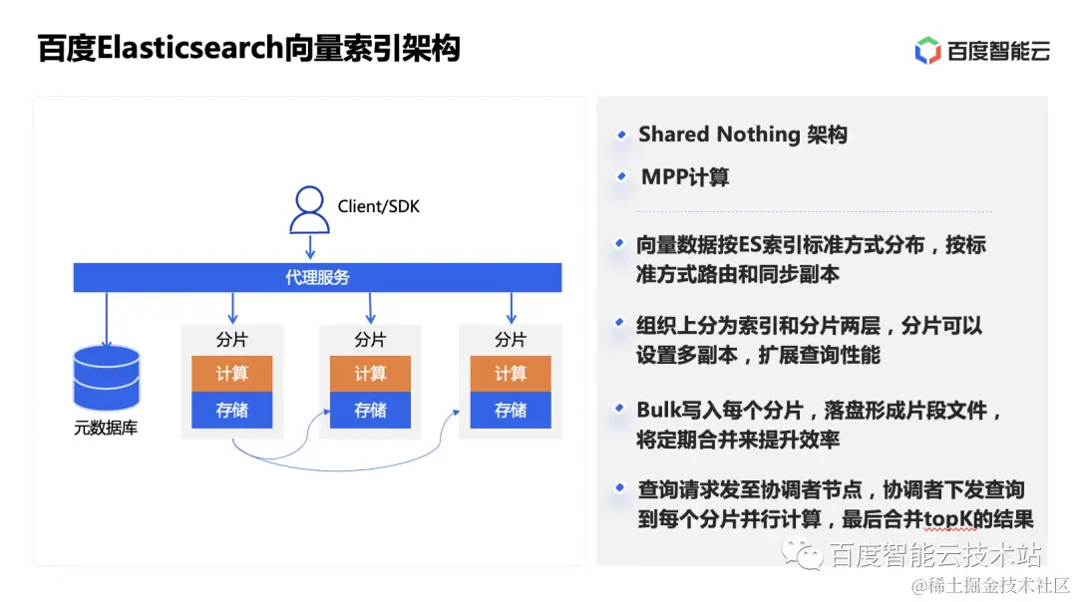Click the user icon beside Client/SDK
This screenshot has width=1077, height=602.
(x=309, y=209)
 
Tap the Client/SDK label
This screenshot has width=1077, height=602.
(x=379, y=206)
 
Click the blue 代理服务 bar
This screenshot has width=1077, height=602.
(x=317, y=277)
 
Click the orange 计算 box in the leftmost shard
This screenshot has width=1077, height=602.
(x=231, y=373)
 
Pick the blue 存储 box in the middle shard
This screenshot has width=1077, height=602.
(x=370, y=410)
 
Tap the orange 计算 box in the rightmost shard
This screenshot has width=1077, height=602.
(x=510, y=373)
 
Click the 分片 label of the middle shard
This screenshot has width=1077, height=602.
(x=370, y=340)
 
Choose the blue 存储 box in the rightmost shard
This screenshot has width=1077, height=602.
(x=510, y=410)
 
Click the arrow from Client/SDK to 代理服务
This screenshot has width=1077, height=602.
(x=310, y=246)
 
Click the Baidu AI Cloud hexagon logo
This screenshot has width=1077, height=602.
(x=927, y=50)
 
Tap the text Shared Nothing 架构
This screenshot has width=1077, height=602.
(x=743, y=135)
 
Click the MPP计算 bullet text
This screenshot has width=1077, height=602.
(x=685, y=177)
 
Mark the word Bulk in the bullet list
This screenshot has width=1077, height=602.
(x=658, y=410)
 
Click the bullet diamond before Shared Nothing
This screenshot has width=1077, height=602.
(x=621, y=135)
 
